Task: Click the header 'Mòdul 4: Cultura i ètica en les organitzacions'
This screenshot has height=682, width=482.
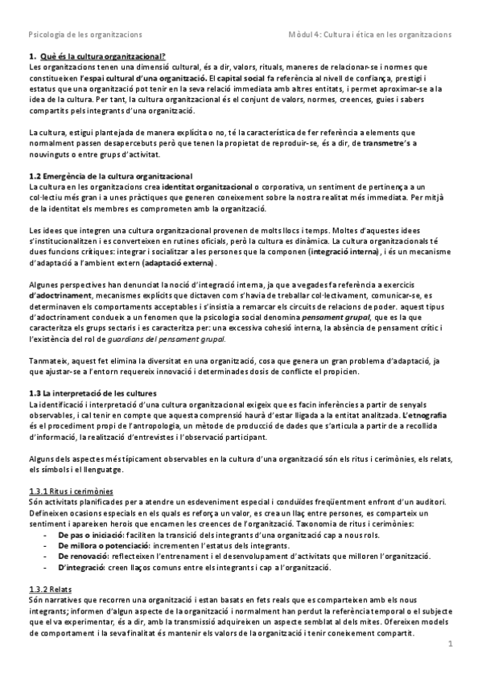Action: tap(370, 35)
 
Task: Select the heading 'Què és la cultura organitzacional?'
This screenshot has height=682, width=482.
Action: tap(101, 56)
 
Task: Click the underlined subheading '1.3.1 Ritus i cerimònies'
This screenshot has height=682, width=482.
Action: tap(71, 491)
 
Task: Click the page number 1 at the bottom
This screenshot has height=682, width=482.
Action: tap(451, 643)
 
